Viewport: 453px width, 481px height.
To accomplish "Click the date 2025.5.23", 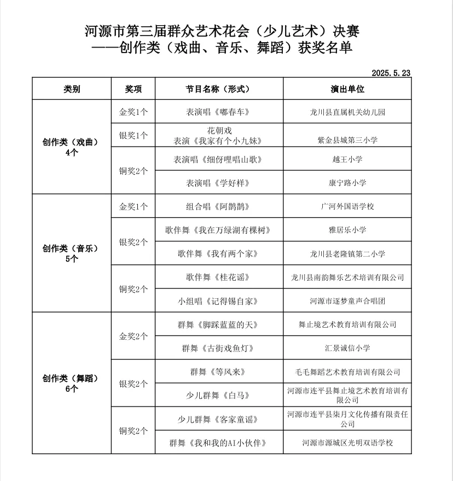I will (391, 73).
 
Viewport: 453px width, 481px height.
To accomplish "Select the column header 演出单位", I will (347, 89).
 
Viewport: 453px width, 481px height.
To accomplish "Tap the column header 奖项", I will (133, 89).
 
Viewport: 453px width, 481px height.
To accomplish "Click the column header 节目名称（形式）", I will (219, 89).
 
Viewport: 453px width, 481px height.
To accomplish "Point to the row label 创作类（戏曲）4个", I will (71, 147).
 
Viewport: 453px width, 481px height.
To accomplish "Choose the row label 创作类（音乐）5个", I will (71, 253).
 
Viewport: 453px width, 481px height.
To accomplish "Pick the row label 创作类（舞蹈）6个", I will (71, 383).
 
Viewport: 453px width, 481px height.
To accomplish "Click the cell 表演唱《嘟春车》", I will (219, 112).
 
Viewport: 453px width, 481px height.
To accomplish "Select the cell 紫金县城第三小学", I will (347, 140).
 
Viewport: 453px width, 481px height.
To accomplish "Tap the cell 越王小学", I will (347, 159).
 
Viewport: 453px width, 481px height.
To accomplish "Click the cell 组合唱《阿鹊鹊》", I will (219, 206).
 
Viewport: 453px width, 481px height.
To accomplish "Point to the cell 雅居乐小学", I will (347, 230).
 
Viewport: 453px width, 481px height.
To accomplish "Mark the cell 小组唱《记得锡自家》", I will (219, 301).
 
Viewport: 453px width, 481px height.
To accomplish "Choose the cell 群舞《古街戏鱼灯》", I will (219, 348).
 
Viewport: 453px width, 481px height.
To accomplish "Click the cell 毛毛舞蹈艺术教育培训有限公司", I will (347, 372).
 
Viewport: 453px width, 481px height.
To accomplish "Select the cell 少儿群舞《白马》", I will (219, 395).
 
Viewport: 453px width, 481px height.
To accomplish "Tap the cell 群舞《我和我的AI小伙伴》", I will (219, 443).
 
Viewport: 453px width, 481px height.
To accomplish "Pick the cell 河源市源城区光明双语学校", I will (347, 443).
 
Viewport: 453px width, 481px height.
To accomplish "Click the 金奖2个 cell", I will (133, 337).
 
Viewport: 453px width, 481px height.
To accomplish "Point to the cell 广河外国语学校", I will (347, 206).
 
